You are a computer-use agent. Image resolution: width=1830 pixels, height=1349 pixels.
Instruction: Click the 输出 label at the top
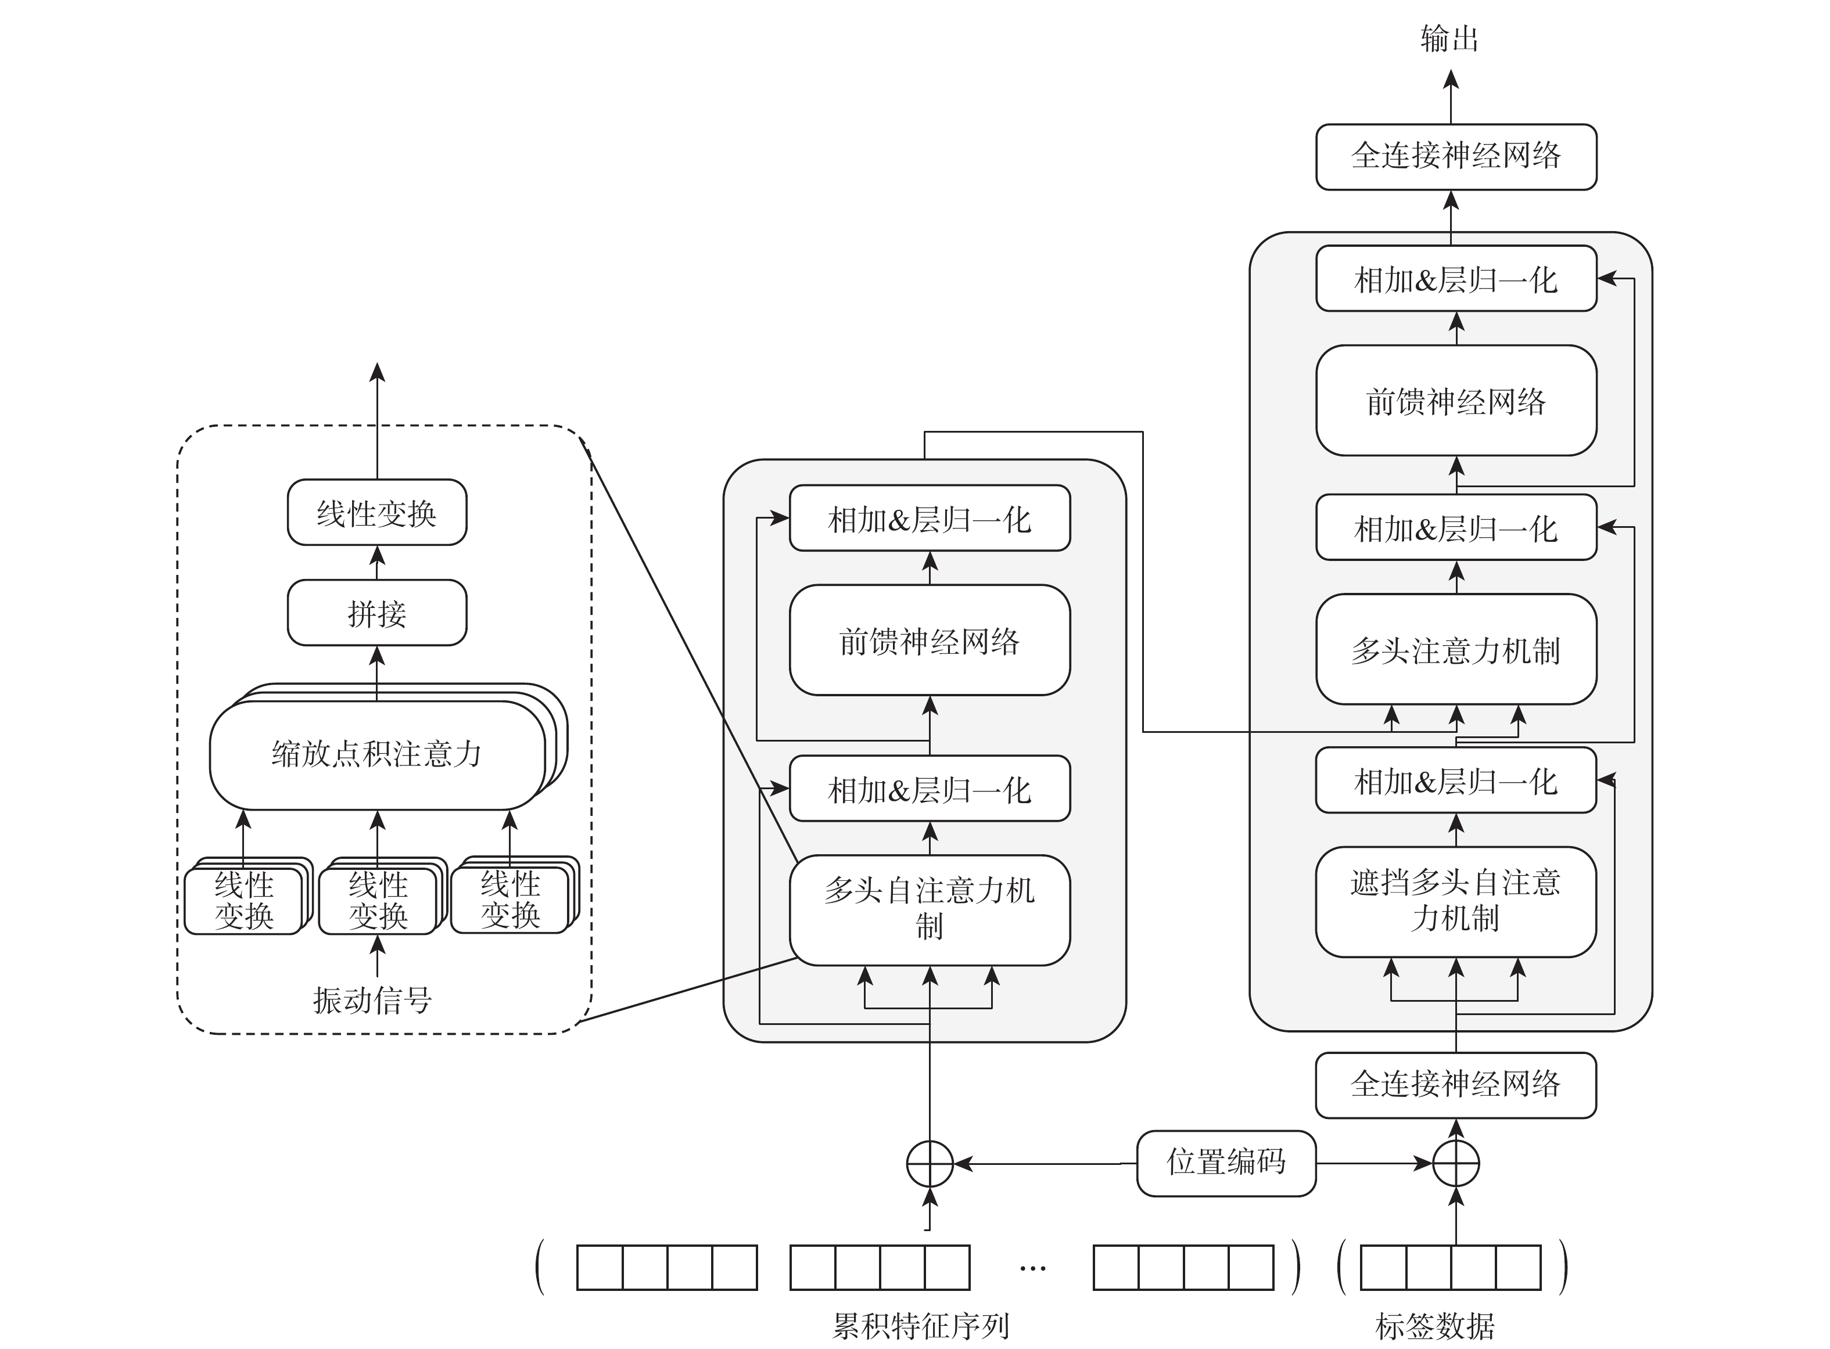tap(1449, 38)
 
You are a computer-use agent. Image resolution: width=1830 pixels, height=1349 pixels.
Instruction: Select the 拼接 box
tap(376, 613)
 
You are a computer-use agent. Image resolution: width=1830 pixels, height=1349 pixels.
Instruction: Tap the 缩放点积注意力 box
tap(376, 754)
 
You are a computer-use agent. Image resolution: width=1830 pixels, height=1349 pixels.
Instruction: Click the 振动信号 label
tap(372, 999)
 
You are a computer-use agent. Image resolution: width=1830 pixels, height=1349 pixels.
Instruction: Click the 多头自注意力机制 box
tap(929, 909)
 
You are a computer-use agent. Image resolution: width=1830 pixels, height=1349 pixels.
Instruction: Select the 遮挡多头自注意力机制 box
tap(1455, 901)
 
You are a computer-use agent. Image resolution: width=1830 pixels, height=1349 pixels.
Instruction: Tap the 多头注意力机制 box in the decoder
tap(1456, 649)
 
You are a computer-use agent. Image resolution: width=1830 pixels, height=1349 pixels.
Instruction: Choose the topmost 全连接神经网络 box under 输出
tap(1456, 156)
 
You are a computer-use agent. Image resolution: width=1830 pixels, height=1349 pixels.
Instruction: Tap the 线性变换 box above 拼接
tap(376, 513)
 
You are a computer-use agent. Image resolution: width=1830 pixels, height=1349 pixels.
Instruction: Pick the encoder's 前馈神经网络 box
tap(929, 640)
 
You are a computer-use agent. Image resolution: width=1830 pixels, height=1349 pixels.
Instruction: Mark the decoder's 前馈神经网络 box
tap(1456, 400)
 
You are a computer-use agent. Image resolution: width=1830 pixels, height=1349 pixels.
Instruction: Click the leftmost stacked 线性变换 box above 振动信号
tap(243, 901)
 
